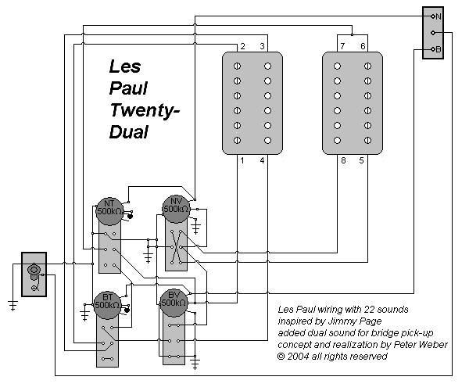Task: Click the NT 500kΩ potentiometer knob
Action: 108,208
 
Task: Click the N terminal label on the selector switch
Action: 439,16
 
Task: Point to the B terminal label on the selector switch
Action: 439,50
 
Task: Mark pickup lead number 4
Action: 263,161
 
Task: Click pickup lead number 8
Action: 342,161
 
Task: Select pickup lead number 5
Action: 362,161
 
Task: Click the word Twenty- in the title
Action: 145,111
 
